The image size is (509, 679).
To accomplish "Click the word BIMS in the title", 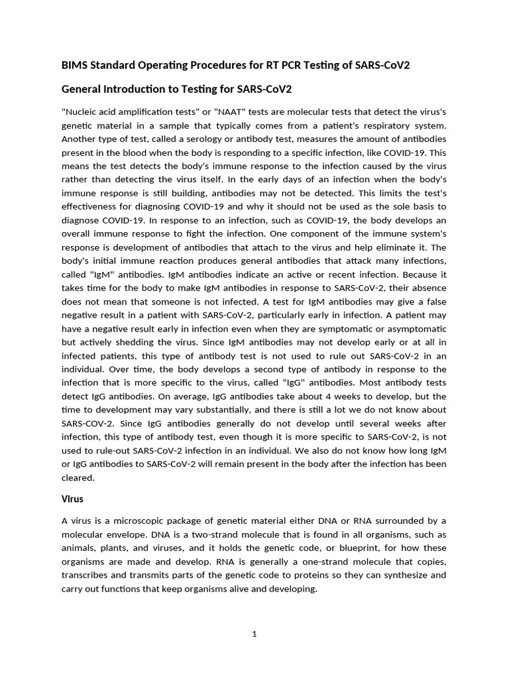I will (x=75, y=65).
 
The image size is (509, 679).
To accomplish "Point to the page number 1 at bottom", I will (x=254, y=634).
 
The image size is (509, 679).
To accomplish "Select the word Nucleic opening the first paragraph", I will (x=80, y=111).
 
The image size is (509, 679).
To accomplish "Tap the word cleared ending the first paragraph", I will (x=78, y=478).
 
